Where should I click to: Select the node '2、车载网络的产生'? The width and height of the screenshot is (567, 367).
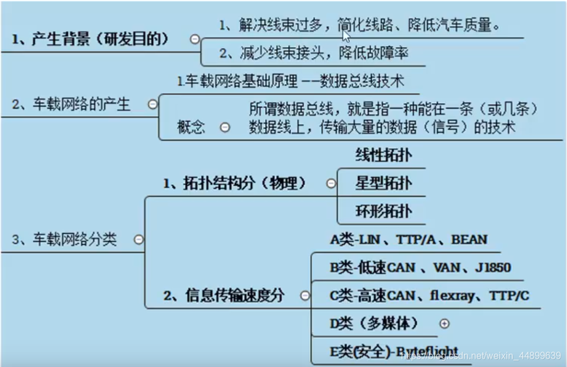coord(71,105)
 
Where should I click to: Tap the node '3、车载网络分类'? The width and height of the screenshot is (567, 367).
coord(64,240)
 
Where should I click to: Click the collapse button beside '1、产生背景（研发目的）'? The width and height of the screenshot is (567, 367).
coord(194,40)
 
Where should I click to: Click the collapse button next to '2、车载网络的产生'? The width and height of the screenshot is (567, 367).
coord(152,105)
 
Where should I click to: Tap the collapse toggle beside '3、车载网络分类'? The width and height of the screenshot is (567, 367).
coord(138,240)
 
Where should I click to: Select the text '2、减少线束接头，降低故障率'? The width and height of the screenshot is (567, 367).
coord(314,54)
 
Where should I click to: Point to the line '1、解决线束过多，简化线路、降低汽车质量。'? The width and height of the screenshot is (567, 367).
coord(360,25)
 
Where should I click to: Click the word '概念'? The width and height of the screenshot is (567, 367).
coord(191,127)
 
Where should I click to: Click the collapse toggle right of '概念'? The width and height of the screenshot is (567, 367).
coord(225,127)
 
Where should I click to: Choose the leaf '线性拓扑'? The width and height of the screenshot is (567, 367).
coord(383,156)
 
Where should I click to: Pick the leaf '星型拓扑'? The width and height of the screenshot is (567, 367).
coord(383,183)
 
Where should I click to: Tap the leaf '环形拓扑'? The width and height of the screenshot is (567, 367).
coord(383,211)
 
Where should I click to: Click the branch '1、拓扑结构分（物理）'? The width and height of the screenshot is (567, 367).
coord(236,183)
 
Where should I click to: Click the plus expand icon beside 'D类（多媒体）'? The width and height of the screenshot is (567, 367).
coord(445,323)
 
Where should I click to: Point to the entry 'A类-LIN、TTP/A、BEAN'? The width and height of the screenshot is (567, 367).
coord(409,239)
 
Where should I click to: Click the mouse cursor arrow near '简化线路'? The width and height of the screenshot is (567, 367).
coord(346,37)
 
